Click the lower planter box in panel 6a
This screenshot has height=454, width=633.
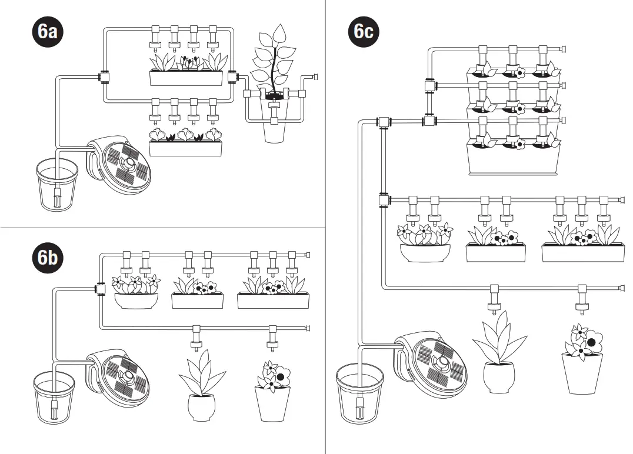(186, 148)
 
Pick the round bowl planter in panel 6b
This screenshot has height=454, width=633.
(136, 300)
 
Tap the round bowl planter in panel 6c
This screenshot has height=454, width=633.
(425, 252)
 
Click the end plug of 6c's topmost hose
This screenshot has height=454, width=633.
(563, 49)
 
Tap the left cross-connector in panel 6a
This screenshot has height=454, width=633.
(105, 76)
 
